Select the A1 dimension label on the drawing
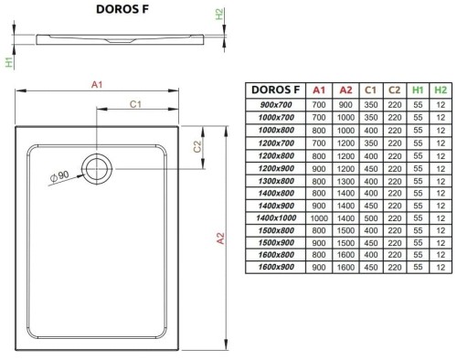point(98,84)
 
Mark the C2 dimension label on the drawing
point(198,147)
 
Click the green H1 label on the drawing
point(8,62)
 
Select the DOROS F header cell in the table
point(273,90)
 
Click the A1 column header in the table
point(319,90)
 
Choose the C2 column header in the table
point(393,90)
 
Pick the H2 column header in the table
point(441,90)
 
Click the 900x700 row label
point(273,105)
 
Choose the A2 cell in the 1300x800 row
point(344,181)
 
